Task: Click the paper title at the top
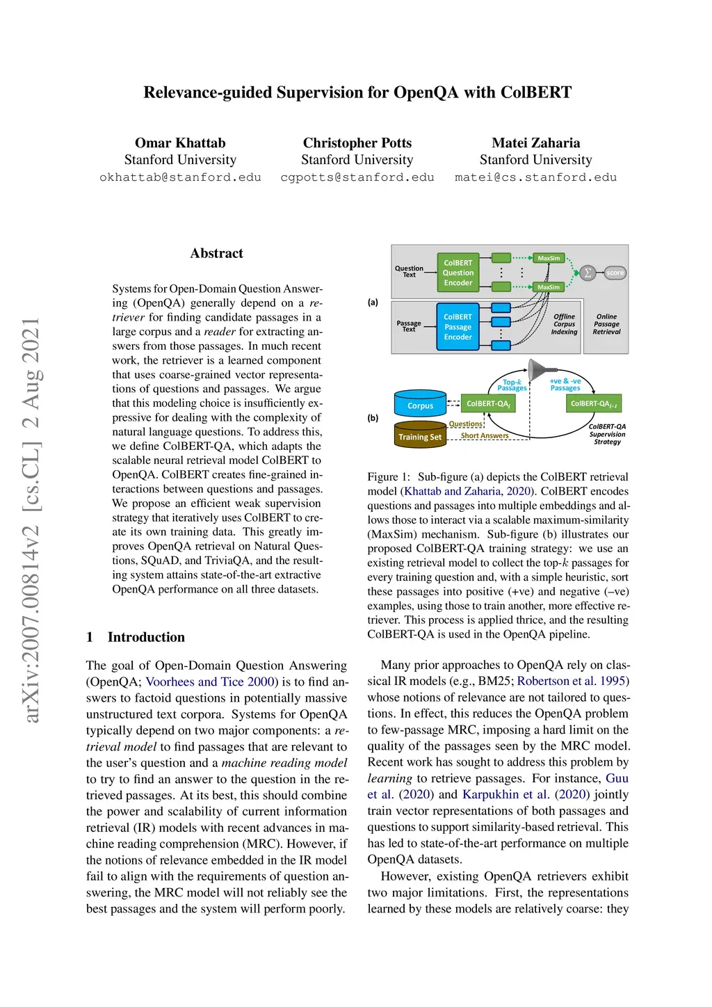(357, 92)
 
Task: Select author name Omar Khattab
(180, 143)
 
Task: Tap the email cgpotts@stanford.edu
(357, 177)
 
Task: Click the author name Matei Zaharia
(535, 143)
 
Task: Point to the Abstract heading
(217, 253)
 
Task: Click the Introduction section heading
(146, 637)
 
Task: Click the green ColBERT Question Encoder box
(458, 273)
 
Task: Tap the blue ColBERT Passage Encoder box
(458, 327)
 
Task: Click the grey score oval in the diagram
(615, 273)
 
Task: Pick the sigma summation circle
(588, 273)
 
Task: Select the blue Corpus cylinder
(420, 404)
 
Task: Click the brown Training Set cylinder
(420, 435)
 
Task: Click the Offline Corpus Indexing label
(564, 324)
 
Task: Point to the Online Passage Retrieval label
(606, 324)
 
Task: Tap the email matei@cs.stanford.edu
(535, 177)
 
